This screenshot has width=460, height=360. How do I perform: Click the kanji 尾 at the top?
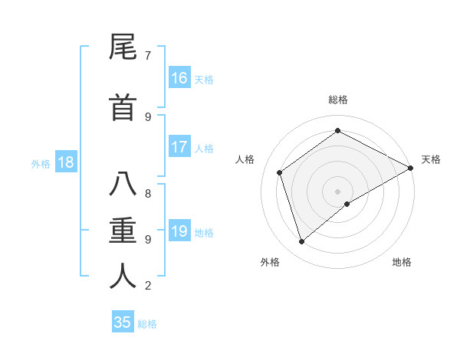coord(123,48)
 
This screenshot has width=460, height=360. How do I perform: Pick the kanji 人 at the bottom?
coord(123,277)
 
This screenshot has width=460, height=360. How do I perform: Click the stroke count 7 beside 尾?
coord(148,55)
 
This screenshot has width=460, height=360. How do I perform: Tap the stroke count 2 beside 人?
coord(148,286)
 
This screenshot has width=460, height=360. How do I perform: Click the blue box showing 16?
coord(179,78)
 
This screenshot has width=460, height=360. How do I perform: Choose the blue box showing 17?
coord(179,147)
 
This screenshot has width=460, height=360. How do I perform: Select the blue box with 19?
coord(179,231)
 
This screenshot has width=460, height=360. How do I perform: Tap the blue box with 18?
coord(65,162)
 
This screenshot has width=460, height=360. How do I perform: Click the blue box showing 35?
coord(123,322)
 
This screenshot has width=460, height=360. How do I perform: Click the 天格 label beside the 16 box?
coord(204,79)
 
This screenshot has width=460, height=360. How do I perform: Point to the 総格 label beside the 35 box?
coord(147,323)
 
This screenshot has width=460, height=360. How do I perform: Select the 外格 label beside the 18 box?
coord(41,163)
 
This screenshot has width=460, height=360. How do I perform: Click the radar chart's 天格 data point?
coord(410,168)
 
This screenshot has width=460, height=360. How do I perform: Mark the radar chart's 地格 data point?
coord(347,204)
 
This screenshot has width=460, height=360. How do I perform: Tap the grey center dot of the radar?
coord(337,191)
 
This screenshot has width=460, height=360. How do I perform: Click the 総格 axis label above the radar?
coord(337,100)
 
